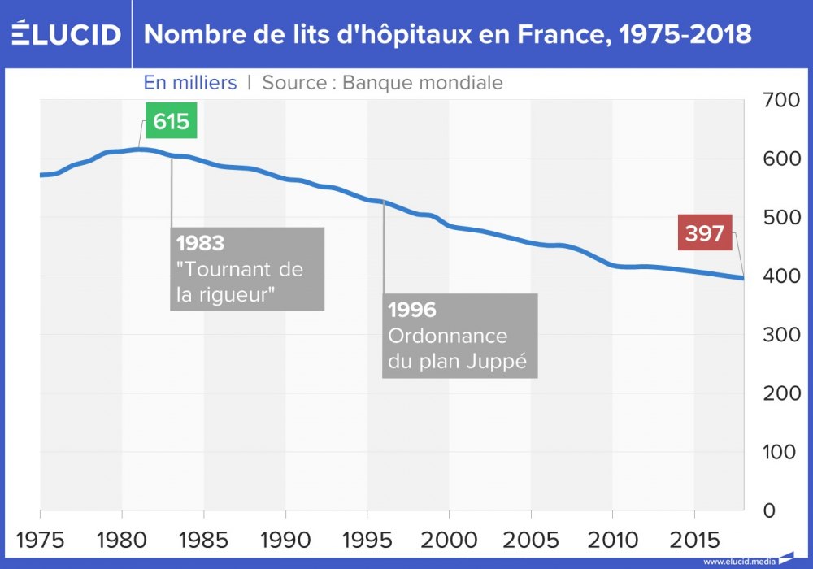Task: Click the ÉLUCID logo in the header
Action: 66,35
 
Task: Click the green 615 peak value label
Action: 172,122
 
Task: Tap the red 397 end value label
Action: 704,234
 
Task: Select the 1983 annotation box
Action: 247,268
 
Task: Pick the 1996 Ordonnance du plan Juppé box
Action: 459,336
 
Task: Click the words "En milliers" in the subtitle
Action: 190,82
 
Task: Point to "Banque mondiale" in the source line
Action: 423,82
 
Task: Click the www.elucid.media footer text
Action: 736,561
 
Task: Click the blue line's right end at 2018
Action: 743,279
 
